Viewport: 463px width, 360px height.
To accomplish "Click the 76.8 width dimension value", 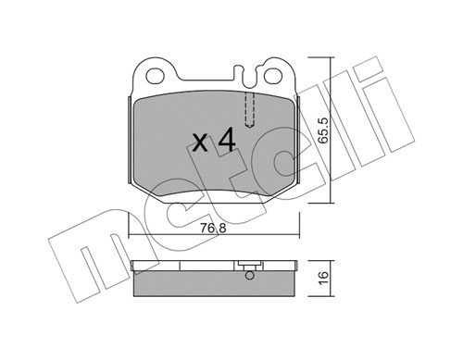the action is (213, 229).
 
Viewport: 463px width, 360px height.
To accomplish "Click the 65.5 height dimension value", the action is (323, 130).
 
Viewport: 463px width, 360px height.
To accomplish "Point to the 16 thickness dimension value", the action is (323, 279).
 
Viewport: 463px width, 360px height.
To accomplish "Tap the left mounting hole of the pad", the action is (155, 76).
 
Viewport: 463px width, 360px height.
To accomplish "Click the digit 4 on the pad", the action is (227, 141).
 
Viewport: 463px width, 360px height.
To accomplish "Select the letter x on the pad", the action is (200, 143).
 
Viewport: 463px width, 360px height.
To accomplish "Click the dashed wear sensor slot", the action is (249, 110).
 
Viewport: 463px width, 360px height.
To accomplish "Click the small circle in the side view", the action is (250, 276).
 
